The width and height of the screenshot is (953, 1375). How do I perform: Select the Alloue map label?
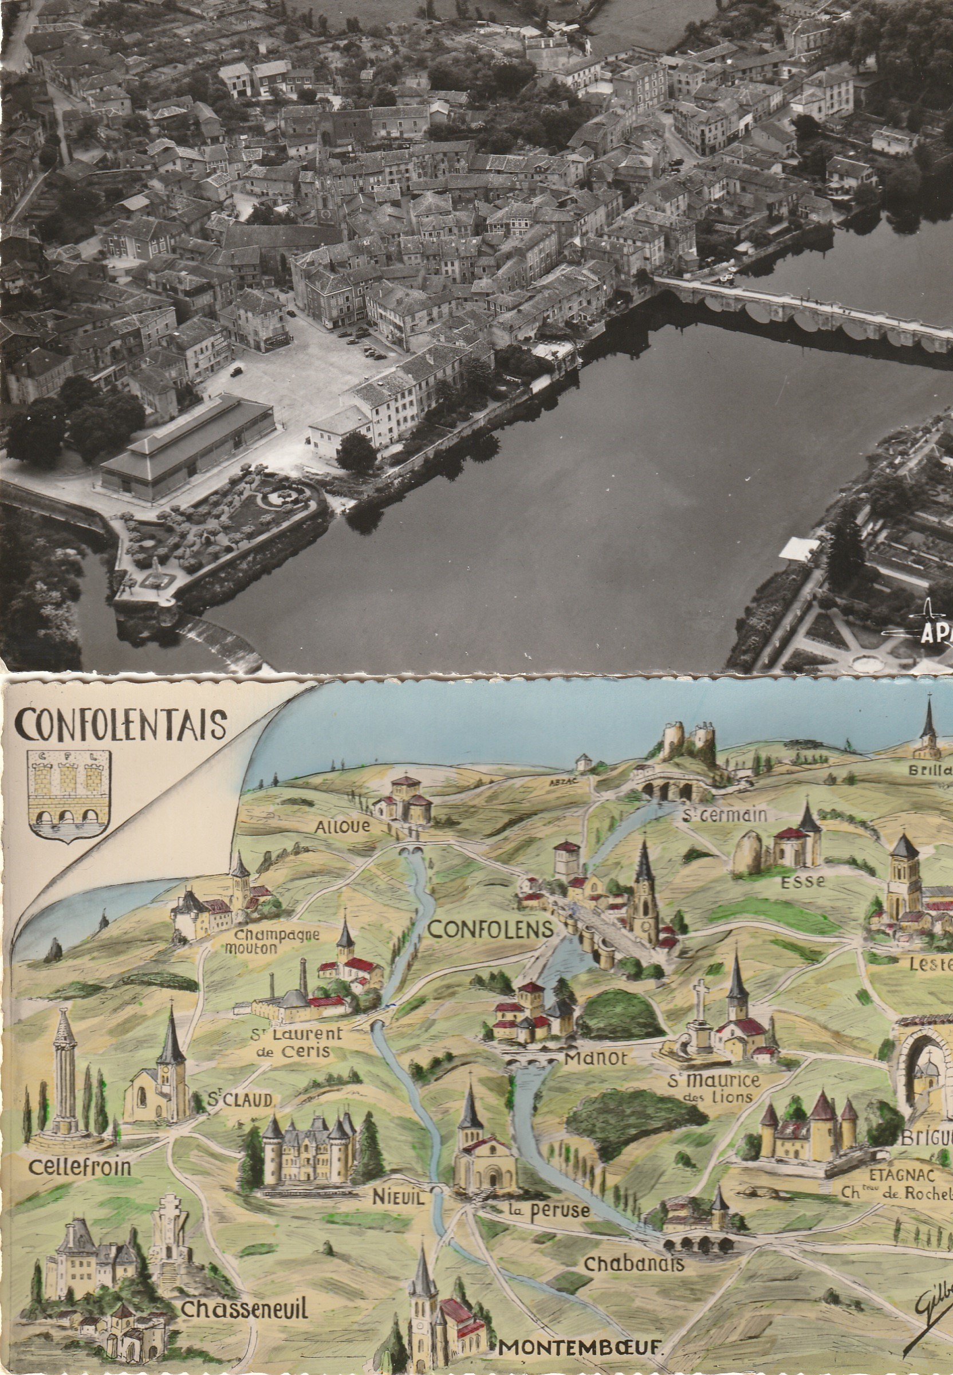[x=342, y=826]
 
